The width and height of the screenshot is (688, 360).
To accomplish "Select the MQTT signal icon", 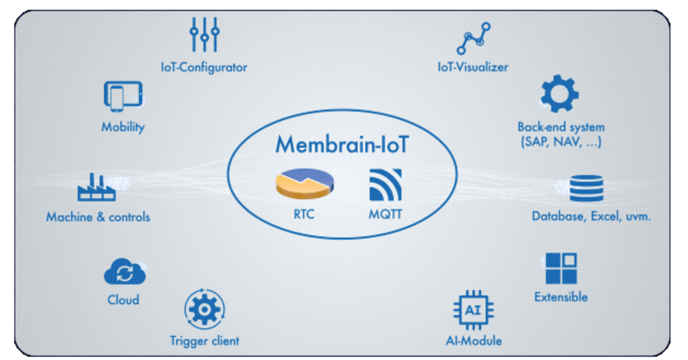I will tap(385, 185).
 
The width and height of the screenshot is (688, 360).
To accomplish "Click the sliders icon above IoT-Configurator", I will tap(204, 34).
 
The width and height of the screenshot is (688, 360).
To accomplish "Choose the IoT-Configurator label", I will tap(204, 67).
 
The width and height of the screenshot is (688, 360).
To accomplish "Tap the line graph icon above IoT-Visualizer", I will tap(472, 39).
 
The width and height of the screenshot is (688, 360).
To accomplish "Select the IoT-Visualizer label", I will tap(472, 67).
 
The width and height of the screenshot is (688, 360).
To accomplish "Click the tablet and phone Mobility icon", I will tap(123, 96).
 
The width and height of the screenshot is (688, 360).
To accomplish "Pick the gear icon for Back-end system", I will tap(560, 96).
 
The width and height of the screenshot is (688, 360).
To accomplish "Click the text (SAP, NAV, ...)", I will tap(560, 142).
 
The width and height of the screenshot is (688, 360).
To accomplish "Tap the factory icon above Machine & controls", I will tap(97, 188).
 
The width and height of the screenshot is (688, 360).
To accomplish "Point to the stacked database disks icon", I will tap(587, 188).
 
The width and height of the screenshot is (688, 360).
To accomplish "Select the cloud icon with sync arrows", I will tap(124, 272).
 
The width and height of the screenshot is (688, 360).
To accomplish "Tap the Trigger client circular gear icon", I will tap(204, 309).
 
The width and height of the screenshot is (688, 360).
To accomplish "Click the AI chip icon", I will tap(473, 309).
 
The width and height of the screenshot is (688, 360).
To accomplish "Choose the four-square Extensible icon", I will tap(561, 268).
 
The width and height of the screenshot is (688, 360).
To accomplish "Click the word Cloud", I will tap(124, 300).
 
